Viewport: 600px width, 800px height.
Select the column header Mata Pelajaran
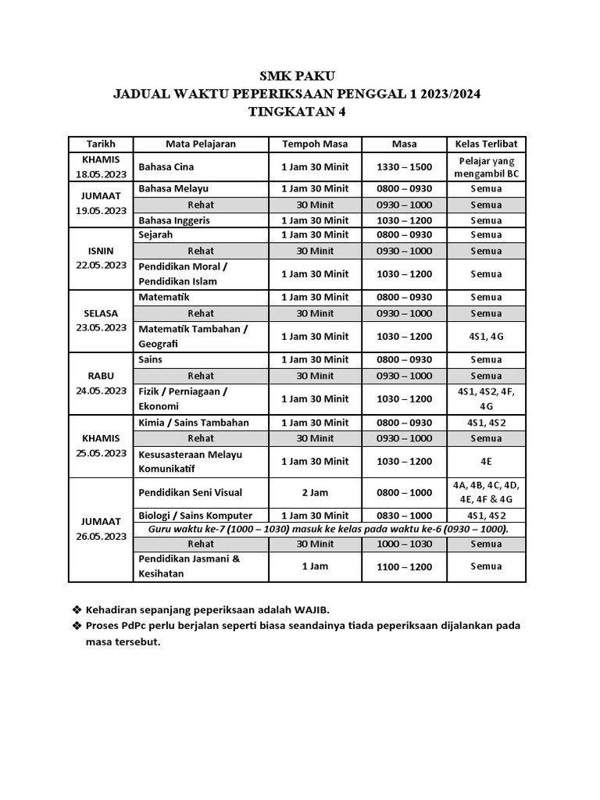tap(201, 144)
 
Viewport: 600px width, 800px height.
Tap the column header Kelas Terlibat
tap(486, 144)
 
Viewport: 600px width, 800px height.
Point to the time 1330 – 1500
tap(404, 167)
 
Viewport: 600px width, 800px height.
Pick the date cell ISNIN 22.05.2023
tap(101, 259)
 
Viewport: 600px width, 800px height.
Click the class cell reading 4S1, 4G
tap(486, 337)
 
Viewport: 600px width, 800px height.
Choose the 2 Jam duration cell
tap(315, 492)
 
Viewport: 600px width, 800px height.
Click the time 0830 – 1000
tap(404, 516)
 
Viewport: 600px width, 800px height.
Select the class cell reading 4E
tap(486, 462)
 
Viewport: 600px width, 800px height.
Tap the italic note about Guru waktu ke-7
tap(328, 529)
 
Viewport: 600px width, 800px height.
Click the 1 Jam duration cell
tap(315, 566)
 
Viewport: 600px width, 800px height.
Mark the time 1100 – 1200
tap(404, 566)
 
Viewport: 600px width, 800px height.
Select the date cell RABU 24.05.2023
tap(101, 384)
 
